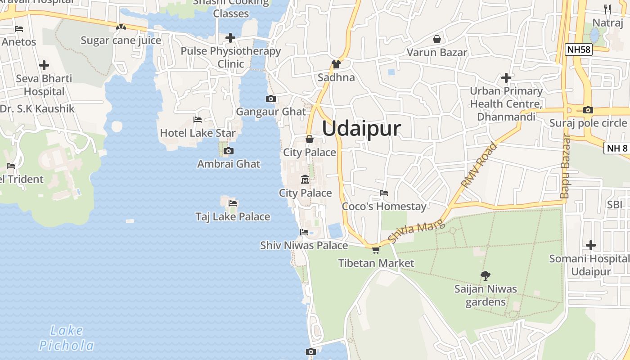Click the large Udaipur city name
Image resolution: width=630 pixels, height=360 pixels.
[361, 129]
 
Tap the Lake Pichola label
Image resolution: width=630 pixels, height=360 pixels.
[67, 338]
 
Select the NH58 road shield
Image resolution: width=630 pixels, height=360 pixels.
[579, 49]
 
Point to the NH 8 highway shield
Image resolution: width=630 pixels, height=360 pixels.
[617, 148]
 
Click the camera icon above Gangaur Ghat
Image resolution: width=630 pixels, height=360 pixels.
[271, 99]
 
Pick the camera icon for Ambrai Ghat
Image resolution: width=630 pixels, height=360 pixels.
[229, 151]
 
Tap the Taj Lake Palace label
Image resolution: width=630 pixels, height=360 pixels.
[233, 216]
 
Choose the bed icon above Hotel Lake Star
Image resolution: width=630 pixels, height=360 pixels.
[197, 120]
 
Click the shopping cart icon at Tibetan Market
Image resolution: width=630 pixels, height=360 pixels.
[376, 250]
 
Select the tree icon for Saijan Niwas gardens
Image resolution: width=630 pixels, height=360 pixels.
[485, 275]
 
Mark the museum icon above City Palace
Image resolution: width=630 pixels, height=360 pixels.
[305, 180]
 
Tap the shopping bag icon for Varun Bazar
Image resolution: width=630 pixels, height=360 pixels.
[436, 40]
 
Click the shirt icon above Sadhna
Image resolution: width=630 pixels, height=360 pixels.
[336, 64]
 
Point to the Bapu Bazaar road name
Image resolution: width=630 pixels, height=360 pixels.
[565, 166]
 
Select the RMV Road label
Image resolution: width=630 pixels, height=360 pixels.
[480, 165]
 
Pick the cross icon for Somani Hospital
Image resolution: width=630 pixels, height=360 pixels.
[591, 245]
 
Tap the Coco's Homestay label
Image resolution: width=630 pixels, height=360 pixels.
[384, 207]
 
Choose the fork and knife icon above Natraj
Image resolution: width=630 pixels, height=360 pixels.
[607, 9]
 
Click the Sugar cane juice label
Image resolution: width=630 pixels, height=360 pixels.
[121, 40]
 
